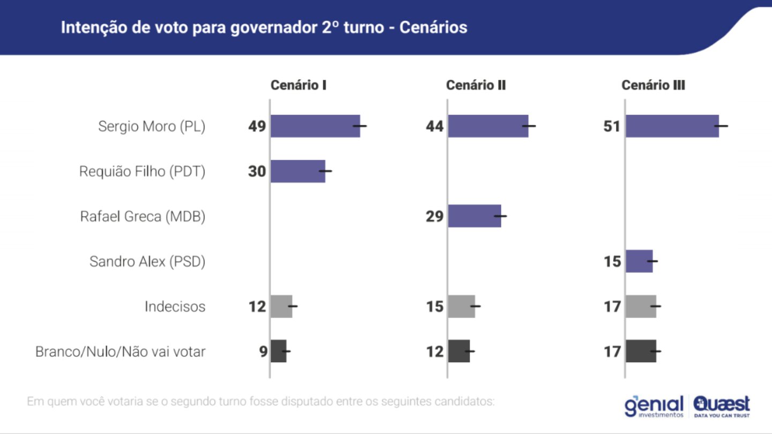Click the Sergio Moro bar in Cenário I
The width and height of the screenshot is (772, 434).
point(315,126)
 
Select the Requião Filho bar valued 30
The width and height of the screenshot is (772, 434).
point(298,171)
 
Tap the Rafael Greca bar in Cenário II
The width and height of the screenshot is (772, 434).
point(474,216)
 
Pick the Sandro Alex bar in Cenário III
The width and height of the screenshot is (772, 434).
point(639,261)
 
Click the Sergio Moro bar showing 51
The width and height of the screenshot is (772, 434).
point(672,126)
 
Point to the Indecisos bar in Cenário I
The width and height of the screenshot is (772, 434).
point(281,306)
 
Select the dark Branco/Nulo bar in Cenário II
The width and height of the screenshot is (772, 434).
point(459,351)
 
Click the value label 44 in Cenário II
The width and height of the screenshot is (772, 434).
point(435,126)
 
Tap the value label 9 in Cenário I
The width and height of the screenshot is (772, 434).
point(263,351)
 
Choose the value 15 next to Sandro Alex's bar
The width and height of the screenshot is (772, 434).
point(612,261)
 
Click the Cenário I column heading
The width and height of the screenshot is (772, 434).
point(299,85)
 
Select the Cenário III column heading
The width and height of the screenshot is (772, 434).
point(653,85)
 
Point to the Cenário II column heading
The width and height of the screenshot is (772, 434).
point(476,85)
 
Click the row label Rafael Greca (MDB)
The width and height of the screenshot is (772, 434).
point(143,216)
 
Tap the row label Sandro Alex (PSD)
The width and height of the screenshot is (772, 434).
point(147,261)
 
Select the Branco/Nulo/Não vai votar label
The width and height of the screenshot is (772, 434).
point(120,351)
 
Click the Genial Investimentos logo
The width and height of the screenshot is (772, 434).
point(654,406)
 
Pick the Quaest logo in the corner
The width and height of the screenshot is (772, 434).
point(722,406)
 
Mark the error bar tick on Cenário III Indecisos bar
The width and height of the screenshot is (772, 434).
point(655,306)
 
